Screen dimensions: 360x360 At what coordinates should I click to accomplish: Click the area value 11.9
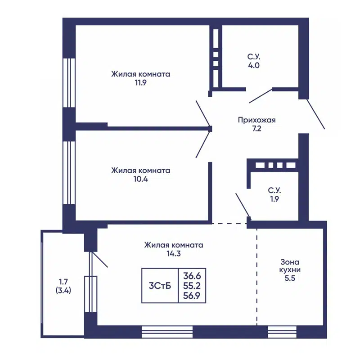(140, 83)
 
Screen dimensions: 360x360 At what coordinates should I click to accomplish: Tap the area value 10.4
(141, 179)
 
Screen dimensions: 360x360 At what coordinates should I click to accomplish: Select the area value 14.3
(174, 254)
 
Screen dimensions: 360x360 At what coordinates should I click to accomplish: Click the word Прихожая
(256, 120)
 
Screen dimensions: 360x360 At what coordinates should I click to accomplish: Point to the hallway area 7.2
(256, 129)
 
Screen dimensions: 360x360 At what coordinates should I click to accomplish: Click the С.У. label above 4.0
(254, 57)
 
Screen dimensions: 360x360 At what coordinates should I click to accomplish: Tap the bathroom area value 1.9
(274, 199)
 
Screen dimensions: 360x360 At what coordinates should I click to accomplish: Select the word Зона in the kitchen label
(290, 262)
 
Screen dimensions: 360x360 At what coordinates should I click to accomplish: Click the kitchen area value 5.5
(290, 278)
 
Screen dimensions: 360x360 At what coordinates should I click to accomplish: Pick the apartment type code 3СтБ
(160, 286)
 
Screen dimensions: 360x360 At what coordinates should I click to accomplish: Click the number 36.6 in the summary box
(192, 275)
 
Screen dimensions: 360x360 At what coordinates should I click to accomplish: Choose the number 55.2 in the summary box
(192, 286)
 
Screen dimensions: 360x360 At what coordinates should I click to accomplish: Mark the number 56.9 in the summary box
(192, 296)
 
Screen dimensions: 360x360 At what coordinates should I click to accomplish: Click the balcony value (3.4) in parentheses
(63, 290)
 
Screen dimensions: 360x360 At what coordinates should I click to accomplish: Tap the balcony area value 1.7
(63, 282)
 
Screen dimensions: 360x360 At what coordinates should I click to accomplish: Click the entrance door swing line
(316, 114)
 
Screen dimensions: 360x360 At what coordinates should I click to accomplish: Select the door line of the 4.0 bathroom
(261, 96)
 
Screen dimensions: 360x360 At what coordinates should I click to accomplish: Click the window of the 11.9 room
(69, 83)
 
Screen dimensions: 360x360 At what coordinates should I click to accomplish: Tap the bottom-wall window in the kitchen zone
(282, 332)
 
